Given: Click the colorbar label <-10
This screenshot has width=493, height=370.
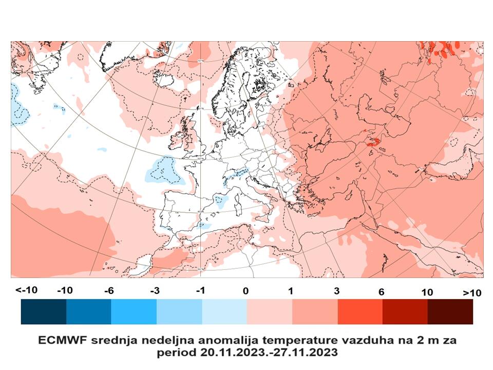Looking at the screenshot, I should (x=26, y=290).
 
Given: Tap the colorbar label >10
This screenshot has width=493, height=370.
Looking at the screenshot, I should (x=472, y=292).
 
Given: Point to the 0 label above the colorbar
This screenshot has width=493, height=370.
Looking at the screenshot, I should (x=246, y=291).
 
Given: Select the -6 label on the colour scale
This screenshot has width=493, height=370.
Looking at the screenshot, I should (x=108, y=291).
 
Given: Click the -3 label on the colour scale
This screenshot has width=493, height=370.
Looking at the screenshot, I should (x=154, y=291).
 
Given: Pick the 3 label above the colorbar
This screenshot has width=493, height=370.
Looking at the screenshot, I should (x=336, y=291).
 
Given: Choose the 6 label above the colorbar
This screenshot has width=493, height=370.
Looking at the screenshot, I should (x=381, y=291).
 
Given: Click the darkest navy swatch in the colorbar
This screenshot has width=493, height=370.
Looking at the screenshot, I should (x=44, y=311).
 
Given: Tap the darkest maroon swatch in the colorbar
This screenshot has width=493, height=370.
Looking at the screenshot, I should (x=450, y=311).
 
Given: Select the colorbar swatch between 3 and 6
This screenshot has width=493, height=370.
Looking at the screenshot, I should (x=359, y=311).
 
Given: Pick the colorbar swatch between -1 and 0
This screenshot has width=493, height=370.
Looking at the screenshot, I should (x=224, y=311).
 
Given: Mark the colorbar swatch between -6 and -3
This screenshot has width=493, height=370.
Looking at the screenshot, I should (x=134, y=311).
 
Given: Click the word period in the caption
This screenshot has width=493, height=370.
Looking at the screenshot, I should (x=173, y=353).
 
